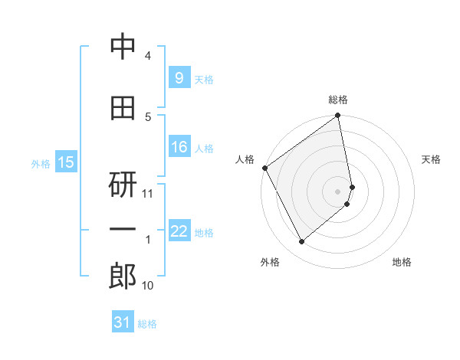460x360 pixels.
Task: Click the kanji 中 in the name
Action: [x=123, y=47]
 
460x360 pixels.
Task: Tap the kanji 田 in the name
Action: [x=123, y=109]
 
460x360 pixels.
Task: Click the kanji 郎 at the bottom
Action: [x=123, y=276]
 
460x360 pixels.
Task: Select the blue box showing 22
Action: [x=179, y=231]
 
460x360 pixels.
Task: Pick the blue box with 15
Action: [x=66, y=162]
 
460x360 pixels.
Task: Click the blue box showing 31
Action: [x=123, y=322]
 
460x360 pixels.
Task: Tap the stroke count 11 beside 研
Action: [x=148, y=194]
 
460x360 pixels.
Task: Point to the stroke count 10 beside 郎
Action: [x=148, y=286]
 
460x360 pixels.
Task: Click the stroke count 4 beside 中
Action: [x=148, y=56]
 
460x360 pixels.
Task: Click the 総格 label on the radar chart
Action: [x=338, y=100]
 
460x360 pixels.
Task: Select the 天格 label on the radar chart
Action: [x=431, y=159]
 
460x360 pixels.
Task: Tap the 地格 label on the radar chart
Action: [x=402, y=262]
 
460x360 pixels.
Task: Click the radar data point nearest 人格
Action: [x=264, y=168]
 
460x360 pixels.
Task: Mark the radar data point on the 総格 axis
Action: [x=338, y=116]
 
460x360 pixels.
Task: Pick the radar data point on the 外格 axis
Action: [x=301, y=241]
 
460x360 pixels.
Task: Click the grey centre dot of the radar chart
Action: [x=338, y=191]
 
